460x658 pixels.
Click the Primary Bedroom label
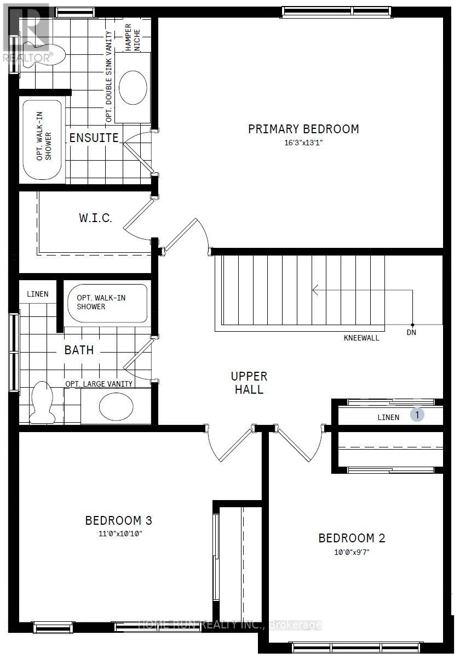point(303,129)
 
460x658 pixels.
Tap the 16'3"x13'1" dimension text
point(303,143)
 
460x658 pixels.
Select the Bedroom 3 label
point(118,520)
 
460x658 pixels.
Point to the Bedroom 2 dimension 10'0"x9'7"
point(352,552)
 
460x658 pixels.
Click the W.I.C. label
point(95,218)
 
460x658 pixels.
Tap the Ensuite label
point(94,138)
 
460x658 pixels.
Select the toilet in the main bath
point(43,402)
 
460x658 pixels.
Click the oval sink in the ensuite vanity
point(133,87)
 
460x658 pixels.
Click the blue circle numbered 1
point(417,415)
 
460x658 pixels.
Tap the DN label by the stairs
point(411,332)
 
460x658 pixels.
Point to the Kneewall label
point(361,338)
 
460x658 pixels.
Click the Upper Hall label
point(249,383)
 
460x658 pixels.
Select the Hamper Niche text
point(133,37)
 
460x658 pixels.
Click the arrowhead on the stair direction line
point(315,290)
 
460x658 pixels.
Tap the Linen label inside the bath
point(38,294)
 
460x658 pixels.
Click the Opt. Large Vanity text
point(99,384)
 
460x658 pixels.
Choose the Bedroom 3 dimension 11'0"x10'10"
point(120,534)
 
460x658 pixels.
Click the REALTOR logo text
point(28,58)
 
